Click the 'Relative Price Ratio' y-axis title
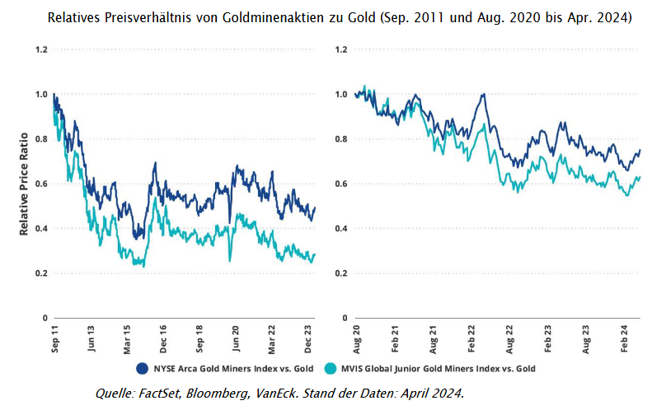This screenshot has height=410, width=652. point(24,182)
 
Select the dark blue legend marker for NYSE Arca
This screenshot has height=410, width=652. point(142,368)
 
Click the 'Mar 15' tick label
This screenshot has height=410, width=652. point(128,338)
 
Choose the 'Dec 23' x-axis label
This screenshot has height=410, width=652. point(309,338)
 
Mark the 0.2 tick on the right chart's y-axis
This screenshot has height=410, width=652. point(340,273)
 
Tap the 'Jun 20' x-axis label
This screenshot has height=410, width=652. point(237,338)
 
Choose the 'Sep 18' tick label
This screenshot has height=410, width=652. point(200,338)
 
